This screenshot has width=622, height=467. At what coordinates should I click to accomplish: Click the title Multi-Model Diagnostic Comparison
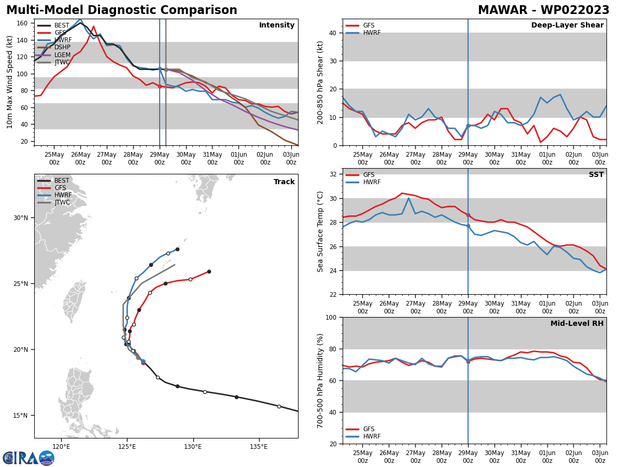(122, 10)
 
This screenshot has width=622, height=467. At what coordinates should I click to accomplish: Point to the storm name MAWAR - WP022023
(543, 10)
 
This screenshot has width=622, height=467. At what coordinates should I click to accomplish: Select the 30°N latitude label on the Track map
(24, 218)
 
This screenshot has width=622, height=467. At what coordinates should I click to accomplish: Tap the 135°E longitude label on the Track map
(259, 447)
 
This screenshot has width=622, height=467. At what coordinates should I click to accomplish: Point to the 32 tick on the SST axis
(333, 174)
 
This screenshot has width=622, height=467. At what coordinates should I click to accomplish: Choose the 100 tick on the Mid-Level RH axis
(331, 318)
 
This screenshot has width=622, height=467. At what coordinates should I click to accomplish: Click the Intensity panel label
(277, 25)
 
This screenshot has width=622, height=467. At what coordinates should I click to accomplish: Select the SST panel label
(596, 175)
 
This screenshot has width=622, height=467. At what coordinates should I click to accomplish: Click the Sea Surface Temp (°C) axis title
(321, 231)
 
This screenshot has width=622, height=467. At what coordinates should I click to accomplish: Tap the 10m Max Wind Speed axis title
(10, 82)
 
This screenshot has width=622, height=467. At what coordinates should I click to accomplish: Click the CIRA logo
(28, 458)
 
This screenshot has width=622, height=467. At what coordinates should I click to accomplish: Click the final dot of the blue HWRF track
(177, 250)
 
